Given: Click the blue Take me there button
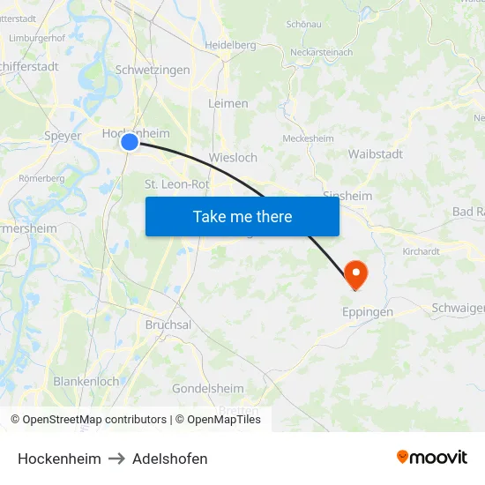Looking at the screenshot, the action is tap(242, 216).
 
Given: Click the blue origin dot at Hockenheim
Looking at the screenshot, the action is tap(130, 141).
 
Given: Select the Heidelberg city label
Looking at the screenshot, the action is tap(229, 45).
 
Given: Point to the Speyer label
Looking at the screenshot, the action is tap(63, 136).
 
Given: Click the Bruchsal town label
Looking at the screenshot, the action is tap(168, 325).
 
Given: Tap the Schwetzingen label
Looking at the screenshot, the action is tap(153, 70).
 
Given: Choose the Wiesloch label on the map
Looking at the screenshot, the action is tap(233, 158).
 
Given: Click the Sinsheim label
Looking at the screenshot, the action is tap(347, 196).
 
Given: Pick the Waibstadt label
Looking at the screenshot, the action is tap(376, 153).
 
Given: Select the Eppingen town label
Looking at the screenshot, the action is tap(367, 312).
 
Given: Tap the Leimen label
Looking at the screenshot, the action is tap(228, 103).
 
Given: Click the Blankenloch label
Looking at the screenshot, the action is tap(86, 382).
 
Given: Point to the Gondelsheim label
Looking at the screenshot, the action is tap(208, 388).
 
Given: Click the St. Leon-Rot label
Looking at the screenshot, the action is tap(176, 184).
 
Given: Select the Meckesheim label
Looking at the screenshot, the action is tap(307, 138).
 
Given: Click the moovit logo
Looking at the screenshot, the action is tap(432, 457).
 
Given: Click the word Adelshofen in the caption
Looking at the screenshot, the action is tap(170, 459).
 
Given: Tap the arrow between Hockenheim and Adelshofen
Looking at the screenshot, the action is tap(117, 459).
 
